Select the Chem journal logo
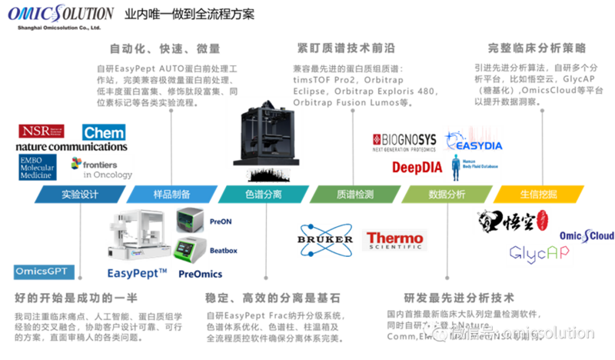point(103,133)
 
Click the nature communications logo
point(71,146)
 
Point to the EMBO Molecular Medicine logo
point(38,167)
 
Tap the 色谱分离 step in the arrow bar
point(264,195)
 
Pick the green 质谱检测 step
point(355,195)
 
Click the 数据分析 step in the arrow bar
point(447,195)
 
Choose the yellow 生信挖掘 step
point(538,195)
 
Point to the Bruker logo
point(324,242)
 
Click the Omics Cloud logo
point(587,235)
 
